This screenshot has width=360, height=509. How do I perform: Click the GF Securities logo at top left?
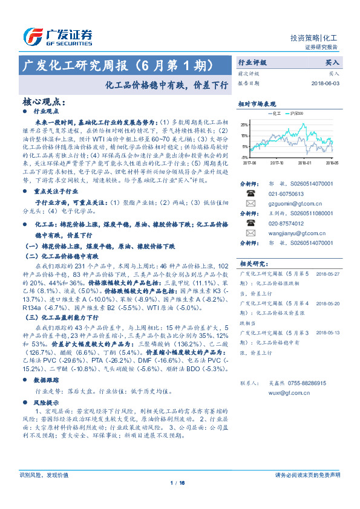click(x=57, y=37)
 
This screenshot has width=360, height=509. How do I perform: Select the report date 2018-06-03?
click(x=326, y=83)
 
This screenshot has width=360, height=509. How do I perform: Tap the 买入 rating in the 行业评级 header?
click(x=332, y=62)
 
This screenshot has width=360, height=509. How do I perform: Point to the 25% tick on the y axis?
click(x=244, y=125)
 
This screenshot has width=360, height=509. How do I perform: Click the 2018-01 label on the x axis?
click(x=304, y=162)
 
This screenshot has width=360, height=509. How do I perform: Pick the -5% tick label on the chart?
click(x=244, y=157)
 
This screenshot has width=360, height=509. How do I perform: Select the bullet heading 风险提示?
click(x=47, y=401)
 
